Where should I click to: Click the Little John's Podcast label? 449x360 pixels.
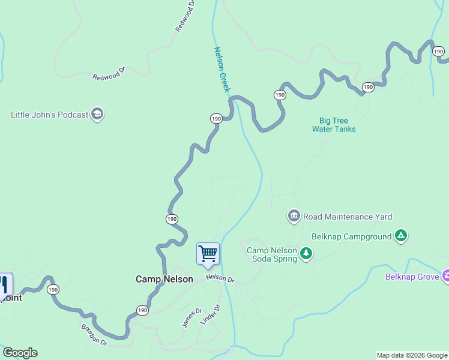(49, 114)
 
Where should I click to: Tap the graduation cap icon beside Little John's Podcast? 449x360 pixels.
(98, 114)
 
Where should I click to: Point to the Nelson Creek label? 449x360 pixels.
(222, 70)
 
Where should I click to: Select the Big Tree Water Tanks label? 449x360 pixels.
(334, 125)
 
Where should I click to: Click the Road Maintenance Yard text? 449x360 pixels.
(348, 217)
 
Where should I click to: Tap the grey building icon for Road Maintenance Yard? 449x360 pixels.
(294, 216)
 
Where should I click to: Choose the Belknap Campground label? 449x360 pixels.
(351, 236)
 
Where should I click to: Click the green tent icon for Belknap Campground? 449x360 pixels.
(401, 236)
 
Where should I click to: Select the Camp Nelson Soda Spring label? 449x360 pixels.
(272, 254)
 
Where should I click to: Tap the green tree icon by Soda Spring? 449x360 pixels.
(307, 254)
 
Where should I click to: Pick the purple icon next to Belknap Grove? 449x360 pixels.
(446, 276)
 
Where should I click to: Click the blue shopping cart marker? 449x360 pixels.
(208, 254)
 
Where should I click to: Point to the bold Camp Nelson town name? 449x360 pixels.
(164, 279)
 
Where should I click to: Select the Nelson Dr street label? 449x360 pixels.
(220, 278)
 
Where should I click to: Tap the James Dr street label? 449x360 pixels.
(192, 318)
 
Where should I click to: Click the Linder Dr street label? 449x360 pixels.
(211, 316)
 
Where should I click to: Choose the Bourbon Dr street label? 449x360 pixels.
(94, 335)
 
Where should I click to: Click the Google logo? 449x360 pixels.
(20, 353)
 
